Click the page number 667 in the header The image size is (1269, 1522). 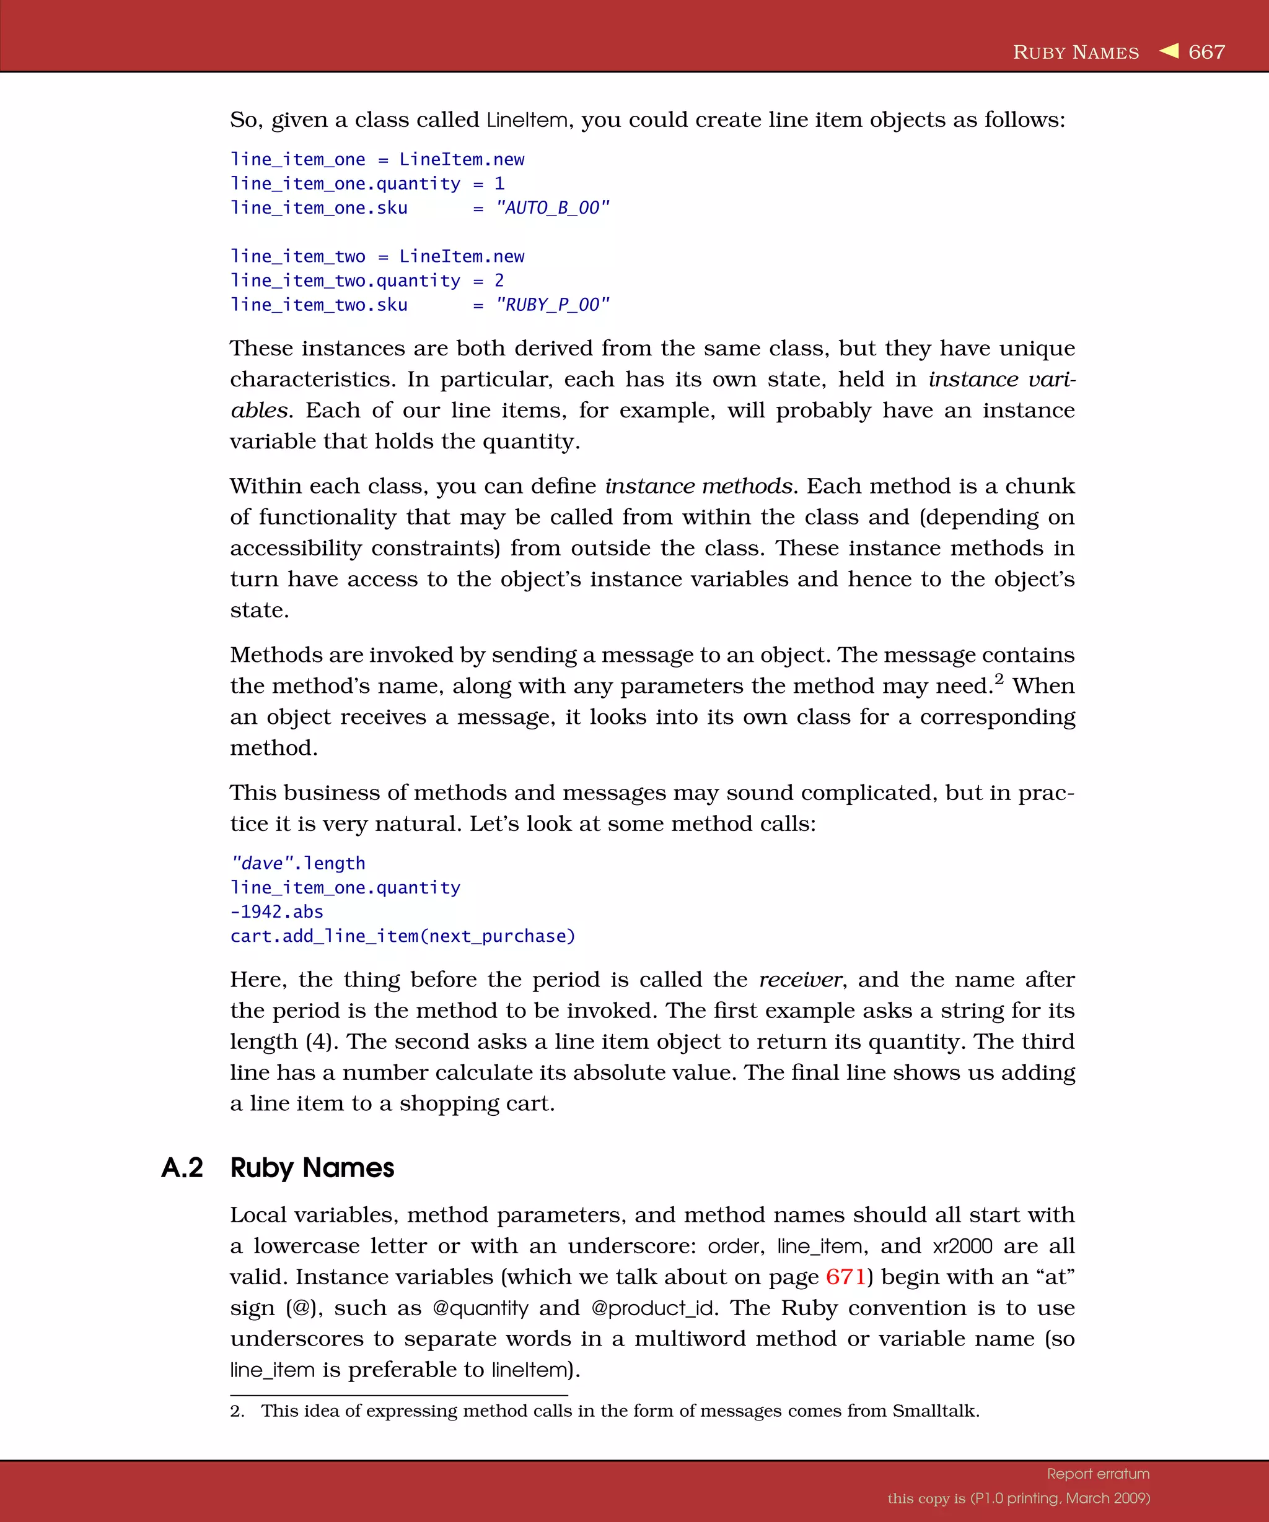point(1206,52)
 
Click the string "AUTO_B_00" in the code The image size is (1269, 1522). point(552,208)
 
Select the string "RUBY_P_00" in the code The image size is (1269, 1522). point(552,305)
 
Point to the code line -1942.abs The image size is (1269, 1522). point(276,911)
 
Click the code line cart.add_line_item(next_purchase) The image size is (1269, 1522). point(403,936)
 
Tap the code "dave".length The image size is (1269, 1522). point(298,863)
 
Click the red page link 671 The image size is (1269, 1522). point(846,1276)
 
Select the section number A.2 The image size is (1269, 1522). point(182,1168)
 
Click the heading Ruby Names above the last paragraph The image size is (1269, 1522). point(312,1168)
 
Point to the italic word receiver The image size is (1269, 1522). point(800,980)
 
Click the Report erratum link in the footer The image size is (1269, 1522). point(1098,1474)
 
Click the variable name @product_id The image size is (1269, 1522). point(654,1308)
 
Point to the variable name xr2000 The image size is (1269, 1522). point(962,1246)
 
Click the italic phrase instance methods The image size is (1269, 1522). point(698,486)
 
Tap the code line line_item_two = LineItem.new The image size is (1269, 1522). point(377,256)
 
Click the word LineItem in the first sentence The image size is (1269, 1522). point(527,120)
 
